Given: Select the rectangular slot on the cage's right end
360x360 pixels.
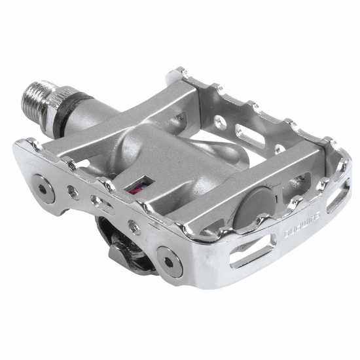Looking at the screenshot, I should [x=338, y=194].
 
